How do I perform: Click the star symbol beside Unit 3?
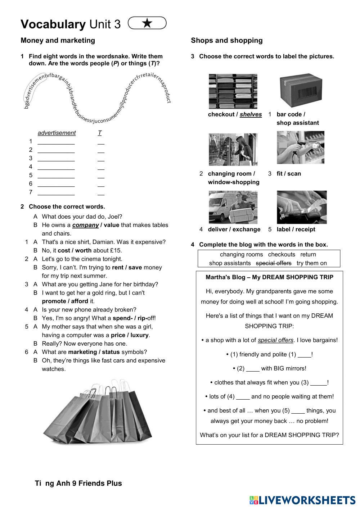(147, 23)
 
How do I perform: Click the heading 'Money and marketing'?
(58, 40)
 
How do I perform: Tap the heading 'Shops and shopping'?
(226, 40)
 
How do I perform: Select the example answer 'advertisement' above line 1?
(57, 133)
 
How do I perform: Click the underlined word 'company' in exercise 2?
(85, 225)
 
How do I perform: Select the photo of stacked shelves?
(233, 91)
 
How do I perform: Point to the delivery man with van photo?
(233, 207)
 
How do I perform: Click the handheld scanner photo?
(300, 147)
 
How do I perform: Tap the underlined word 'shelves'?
(251, 114)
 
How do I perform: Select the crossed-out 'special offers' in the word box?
(274, 263)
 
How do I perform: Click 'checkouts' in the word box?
(282, 254)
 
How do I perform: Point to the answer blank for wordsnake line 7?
(56, 192)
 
